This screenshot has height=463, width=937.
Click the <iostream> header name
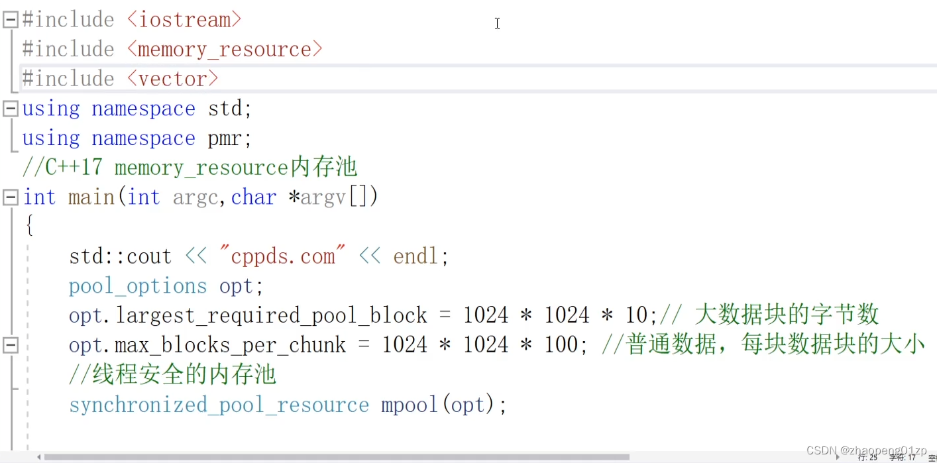tap(184, 20)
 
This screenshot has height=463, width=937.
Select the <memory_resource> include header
tap(225, 50)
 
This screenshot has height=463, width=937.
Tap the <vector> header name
tap(172, 79)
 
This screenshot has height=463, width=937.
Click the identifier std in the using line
tap(225, 109)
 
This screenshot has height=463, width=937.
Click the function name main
tap(91, 197)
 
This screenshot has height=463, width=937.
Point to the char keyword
tap(254, 197)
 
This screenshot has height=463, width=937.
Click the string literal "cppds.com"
tap(283, 256)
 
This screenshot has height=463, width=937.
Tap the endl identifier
tap(415, 256)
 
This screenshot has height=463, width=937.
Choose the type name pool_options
tap(138, 287)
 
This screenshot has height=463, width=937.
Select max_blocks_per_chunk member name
tap(231, 346)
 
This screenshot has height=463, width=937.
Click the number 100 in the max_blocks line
tap(561, 345)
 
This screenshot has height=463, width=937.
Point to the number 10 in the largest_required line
tap(636, 315)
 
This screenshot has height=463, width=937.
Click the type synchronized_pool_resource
tap(219, 405)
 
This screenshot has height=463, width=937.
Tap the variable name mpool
tap(409, 405)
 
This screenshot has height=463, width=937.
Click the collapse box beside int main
tap(11, 197)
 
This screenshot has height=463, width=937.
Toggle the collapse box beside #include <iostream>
tap(11, 19)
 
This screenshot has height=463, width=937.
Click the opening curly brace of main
tap(30, 226)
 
